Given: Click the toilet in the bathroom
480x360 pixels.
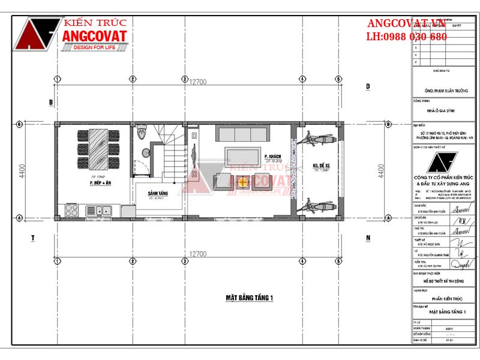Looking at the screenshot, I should (x=142, y=131).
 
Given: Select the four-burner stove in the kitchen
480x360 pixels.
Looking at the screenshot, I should (x=71, y=210).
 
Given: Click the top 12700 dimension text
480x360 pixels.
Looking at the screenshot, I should (x=198, y=82).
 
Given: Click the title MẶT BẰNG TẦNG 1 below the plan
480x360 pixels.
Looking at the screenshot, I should (x=250, y=297).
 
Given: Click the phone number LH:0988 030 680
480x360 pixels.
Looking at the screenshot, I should (x=407, y=37).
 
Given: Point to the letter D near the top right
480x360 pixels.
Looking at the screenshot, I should (x=368, y=87).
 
